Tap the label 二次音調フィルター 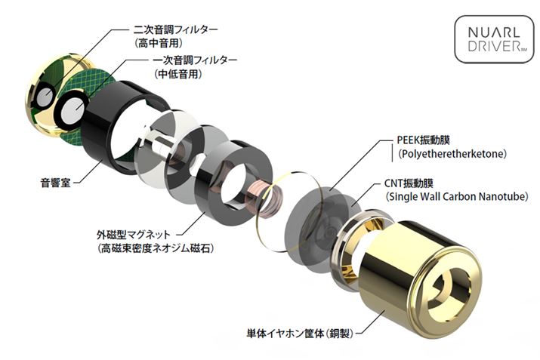pos(176,29)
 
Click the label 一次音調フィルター pos(195,60)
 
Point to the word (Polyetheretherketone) pos(451,153)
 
